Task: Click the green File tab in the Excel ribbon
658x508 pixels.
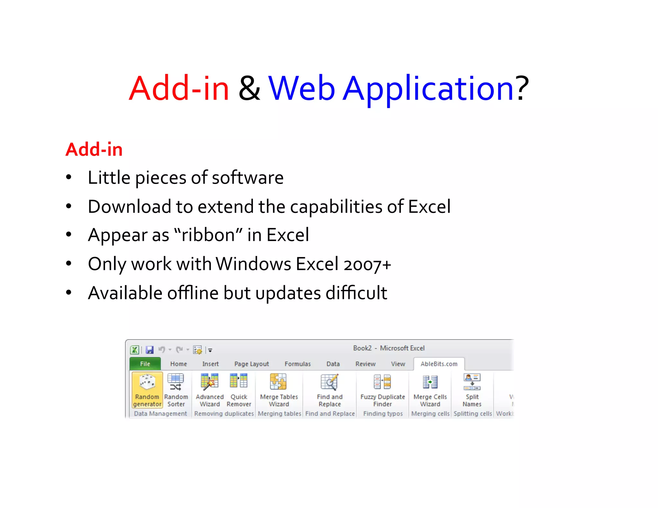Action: click(145, 364)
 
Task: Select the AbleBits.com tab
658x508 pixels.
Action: click(439, 364)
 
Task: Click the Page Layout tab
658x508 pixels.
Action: click(252, 364)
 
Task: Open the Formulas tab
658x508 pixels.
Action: click(298, 364)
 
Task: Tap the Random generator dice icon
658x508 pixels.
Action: click(147, 382)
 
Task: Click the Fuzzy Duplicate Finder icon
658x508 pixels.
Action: click(382, 382)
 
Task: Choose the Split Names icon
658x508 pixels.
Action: click(472, 382)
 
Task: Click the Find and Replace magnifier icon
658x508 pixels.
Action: click(330, 382)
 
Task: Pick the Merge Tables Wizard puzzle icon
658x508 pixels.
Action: click(279, 382)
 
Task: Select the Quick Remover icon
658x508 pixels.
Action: click(239, 381)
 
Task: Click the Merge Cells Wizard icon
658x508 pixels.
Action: click(430, 382)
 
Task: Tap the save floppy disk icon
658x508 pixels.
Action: click(150, 350)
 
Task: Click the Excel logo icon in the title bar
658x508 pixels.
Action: click(135, 350)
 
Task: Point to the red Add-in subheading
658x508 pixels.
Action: click(94, 150)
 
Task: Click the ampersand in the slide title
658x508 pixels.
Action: click(249, 88)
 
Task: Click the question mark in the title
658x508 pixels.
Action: click(522, 88)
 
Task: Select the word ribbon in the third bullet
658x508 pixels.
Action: click(208, 235)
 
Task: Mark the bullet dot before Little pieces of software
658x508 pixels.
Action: click(68, 177)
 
